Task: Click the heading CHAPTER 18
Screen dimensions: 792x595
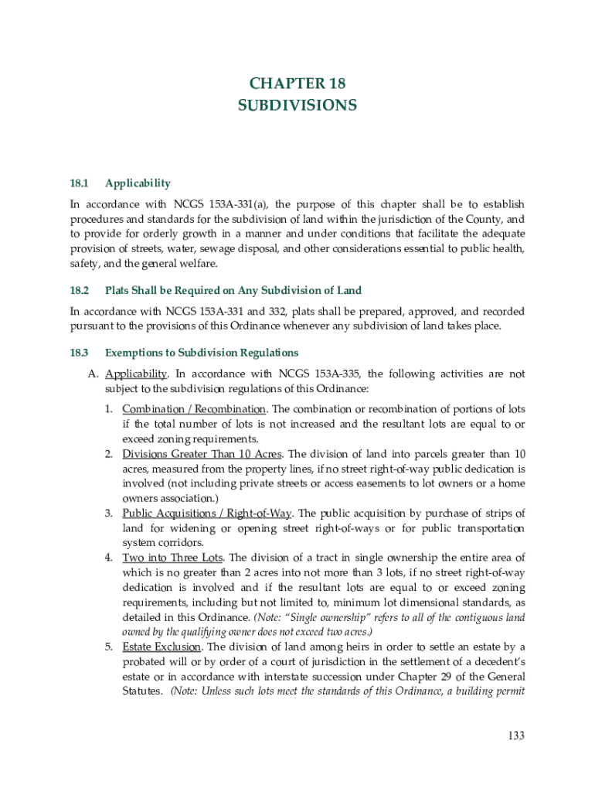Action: tap(297, 83)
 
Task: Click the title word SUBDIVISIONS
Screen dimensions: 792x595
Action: tap(297, 105)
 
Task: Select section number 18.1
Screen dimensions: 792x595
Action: tap(80, 183)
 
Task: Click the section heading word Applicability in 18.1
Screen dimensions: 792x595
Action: tap(138, 183)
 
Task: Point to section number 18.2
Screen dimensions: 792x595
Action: tap(80, 290)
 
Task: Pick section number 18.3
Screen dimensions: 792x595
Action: tap(80, 353)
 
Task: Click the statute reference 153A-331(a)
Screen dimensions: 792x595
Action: tap(233, 204)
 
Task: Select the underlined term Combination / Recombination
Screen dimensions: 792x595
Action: tap(195, 408)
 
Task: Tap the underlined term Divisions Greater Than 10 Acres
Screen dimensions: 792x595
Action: tap(202, 453)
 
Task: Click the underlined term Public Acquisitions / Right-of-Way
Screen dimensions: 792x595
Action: tap(208, 513)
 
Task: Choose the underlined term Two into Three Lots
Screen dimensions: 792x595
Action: tap(172, 558)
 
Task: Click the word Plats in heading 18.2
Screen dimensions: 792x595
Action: tap(118, 290)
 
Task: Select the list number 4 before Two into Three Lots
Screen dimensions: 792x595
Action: tap(109, 558)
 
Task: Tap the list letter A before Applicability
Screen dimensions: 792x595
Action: tap(92, 374)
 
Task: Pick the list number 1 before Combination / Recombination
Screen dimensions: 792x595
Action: tap(109, 408)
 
